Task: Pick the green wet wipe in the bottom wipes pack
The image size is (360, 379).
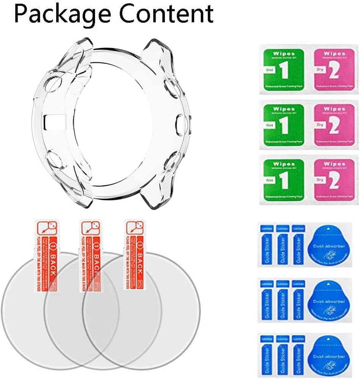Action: pyautogui.click(x=283, y=178)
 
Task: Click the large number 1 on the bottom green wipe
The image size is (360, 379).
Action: pyautogui.click(x=285, y=181)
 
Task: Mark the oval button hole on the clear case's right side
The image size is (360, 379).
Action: pyautogui.click(x=180, y=125)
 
